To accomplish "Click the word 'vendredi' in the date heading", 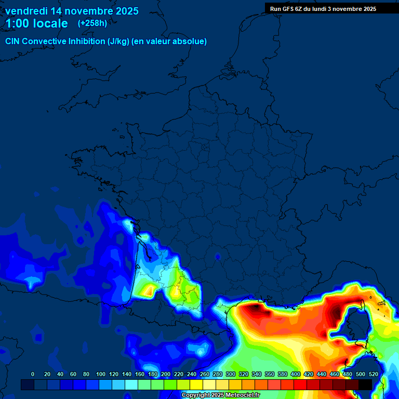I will [x=26, y=11].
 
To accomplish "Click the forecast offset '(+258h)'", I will [x=92, y=23].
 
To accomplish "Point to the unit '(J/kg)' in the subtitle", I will [x=118, y=42].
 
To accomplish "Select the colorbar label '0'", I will [x=33, y=374].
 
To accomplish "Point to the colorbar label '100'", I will [x=101, y=374].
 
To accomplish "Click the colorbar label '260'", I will [x=205, y=374].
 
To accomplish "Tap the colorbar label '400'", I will [x=296, y=374].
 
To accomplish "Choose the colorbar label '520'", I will [x=373, y=374].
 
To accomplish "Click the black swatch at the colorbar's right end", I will [x=365, y=384].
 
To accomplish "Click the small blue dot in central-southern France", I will [x=218, y=256].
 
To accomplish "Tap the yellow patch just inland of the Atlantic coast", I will [x=148, y=290].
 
